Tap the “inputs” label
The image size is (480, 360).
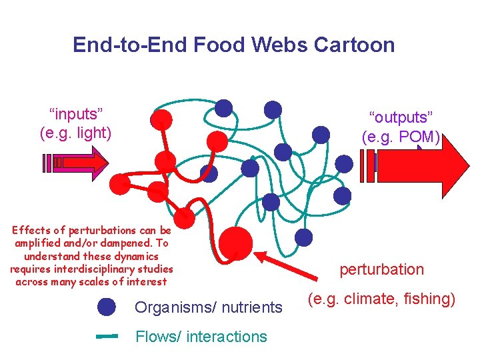75,112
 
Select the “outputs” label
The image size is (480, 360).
401,117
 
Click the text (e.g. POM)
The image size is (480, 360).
401,137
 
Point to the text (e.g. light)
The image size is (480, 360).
75,132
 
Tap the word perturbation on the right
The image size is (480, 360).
381,269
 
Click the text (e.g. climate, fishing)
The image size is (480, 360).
381,299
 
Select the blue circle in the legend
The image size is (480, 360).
107,307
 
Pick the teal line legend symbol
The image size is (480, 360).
107,337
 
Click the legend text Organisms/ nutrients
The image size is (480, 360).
209,307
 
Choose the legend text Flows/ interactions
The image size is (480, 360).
201,337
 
